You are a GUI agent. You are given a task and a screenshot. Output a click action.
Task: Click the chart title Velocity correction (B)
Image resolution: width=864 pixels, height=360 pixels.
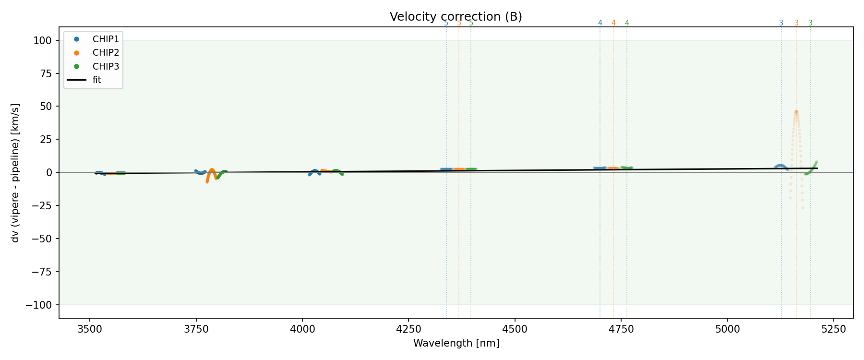456,17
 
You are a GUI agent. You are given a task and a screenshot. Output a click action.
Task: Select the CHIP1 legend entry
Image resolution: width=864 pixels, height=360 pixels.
106,39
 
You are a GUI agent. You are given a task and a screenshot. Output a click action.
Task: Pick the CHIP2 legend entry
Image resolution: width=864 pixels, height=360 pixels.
106,53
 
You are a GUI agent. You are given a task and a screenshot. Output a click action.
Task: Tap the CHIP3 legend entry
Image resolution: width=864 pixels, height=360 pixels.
106,66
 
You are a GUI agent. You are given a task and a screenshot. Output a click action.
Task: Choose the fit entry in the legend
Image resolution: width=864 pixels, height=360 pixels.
97,80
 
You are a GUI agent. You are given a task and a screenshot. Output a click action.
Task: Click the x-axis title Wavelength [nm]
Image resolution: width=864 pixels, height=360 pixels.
456,343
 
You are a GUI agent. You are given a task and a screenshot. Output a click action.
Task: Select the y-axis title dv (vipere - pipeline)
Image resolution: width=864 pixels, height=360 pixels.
15,173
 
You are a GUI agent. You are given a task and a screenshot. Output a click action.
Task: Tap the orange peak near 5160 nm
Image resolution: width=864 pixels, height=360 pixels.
796,112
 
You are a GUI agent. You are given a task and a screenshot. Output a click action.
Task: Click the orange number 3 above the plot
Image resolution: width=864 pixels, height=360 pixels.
796,23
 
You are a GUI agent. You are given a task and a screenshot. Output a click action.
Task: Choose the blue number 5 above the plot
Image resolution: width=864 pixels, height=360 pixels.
446,23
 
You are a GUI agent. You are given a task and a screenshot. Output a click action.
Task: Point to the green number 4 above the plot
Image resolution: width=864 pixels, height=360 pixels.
627,23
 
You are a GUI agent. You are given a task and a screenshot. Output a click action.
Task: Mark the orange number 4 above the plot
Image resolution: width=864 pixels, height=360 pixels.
613,23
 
